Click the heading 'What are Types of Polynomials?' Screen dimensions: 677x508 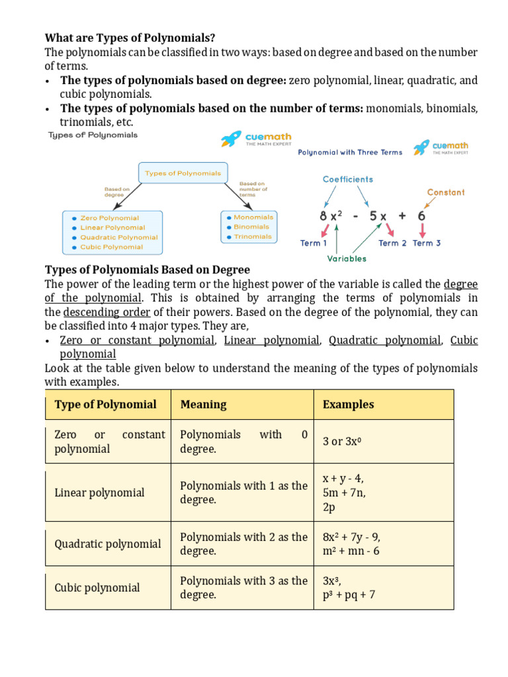[x=130, y=38]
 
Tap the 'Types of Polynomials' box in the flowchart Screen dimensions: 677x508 [x=183, y=173]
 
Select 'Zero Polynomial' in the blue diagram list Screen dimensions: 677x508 [x=109, y=218]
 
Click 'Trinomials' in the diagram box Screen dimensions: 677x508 [x=253, y=237]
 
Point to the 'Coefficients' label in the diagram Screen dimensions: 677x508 [x=348, y=179]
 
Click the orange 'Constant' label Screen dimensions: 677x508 [x=446, y=192]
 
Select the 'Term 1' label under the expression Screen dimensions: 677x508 [x=314, y=243]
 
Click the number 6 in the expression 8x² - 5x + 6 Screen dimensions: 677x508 [x=421, y=216]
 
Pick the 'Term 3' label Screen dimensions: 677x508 [x=427, y=243]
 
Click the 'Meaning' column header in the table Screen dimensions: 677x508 [x=203, y=405]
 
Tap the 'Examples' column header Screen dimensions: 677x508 [x=348, y=405]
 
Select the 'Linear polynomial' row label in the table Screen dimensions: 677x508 [x=99, y=493]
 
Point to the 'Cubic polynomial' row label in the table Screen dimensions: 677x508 [x=97, y=588]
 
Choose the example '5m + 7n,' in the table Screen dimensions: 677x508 [x=344, y=493]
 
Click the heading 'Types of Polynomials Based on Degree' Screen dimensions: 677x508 [x=147, y=270]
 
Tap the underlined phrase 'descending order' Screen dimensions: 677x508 [x=103, y=312]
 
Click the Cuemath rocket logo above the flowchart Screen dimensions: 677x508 [x=231, y=138]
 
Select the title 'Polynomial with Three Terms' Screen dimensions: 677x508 [x=350, y=152]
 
